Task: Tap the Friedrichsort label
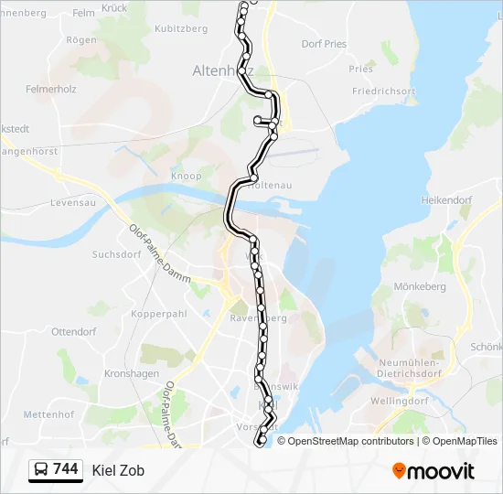384,91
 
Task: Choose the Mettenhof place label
48,414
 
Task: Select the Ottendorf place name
74,331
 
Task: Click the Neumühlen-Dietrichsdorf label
409,368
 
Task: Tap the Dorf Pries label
324,43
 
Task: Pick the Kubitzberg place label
182,29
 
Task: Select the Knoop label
186,176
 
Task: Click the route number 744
65,469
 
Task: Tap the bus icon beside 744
41,470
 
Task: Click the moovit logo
433,470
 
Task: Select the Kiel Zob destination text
118,470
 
